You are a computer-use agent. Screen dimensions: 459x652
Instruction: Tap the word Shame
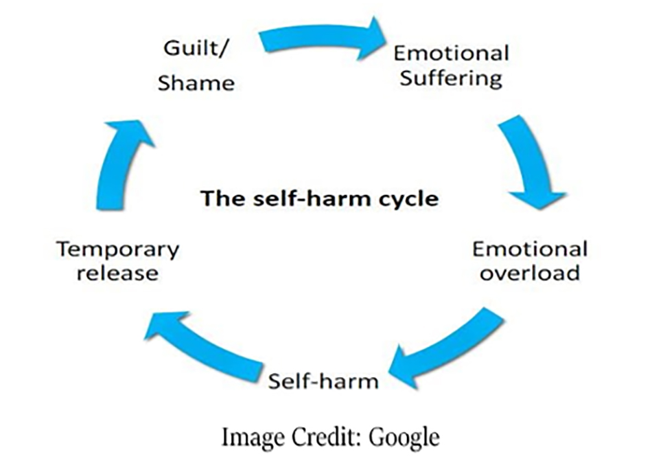(x=196, y=83)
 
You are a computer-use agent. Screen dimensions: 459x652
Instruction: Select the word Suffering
(x=451, y=78)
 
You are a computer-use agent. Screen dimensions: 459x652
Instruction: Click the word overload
(x=529, y=273)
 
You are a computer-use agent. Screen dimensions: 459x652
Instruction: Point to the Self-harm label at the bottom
(x=323, y=379)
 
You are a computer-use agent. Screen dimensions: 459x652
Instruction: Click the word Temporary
(x=117, y=248)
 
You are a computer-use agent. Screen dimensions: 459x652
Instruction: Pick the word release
(x=117, y=273)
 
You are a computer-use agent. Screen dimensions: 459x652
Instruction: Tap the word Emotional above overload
(x=529, y=248)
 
